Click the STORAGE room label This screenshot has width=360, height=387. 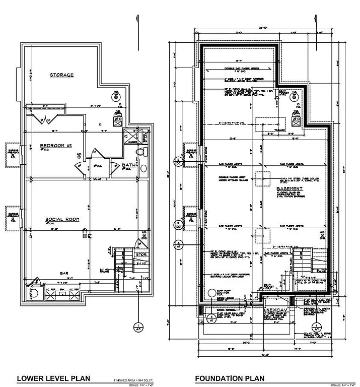click(61, 75)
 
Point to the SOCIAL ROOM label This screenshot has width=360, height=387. click(61, 220)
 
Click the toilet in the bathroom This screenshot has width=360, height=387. click(142, 152)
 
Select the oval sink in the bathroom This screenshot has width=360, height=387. click(142, 168)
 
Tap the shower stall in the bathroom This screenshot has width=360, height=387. click(129, 138)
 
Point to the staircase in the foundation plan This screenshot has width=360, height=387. click(302, 262)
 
